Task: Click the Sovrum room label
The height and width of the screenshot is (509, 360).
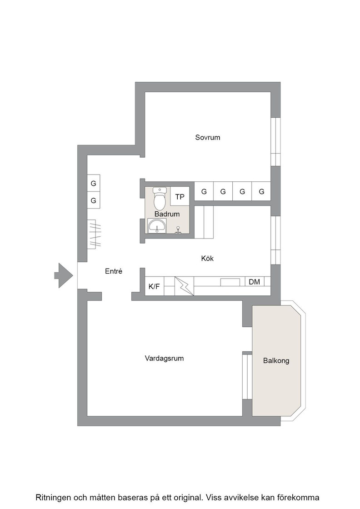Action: coord(207,137)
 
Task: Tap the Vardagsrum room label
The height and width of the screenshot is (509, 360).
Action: coord(164,359)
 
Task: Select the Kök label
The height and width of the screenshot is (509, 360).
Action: coord(207,259)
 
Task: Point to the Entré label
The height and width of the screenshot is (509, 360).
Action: coord(114,271)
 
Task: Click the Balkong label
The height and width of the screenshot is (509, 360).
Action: coord(276,361)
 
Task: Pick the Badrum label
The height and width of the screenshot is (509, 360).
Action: coord(167,214)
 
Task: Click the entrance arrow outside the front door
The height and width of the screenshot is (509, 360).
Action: coord(63,275)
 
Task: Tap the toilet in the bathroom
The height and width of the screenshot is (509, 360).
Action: coord(160,199)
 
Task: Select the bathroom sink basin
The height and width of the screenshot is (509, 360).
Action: coord(157,225)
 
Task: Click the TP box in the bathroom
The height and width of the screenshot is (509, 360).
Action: coord(180,197)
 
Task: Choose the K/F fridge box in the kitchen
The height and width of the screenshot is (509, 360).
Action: coord(154,286)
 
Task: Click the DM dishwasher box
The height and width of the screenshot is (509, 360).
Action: coord(255,282)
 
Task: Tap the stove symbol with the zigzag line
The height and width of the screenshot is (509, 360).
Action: coord(184,286)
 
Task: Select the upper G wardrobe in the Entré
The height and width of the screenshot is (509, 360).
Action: coord(94,184)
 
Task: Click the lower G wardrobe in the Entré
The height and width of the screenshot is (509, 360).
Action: coord(94,200)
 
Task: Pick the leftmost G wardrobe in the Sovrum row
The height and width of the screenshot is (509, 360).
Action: coord(204,191)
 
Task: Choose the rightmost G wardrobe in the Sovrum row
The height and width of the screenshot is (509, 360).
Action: coord(261,191)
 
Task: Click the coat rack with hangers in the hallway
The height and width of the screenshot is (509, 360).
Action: coord(94,235)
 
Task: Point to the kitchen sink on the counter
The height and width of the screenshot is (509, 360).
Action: coord(230,282)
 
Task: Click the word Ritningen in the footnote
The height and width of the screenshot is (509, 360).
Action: coord(53,498)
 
